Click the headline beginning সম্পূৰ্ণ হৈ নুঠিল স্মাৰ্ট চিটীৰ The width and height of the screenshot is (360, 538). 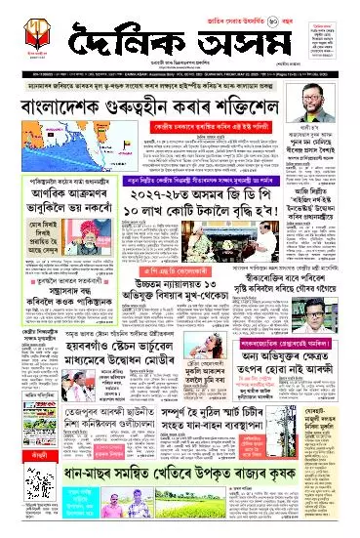(x=215, y=458)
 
